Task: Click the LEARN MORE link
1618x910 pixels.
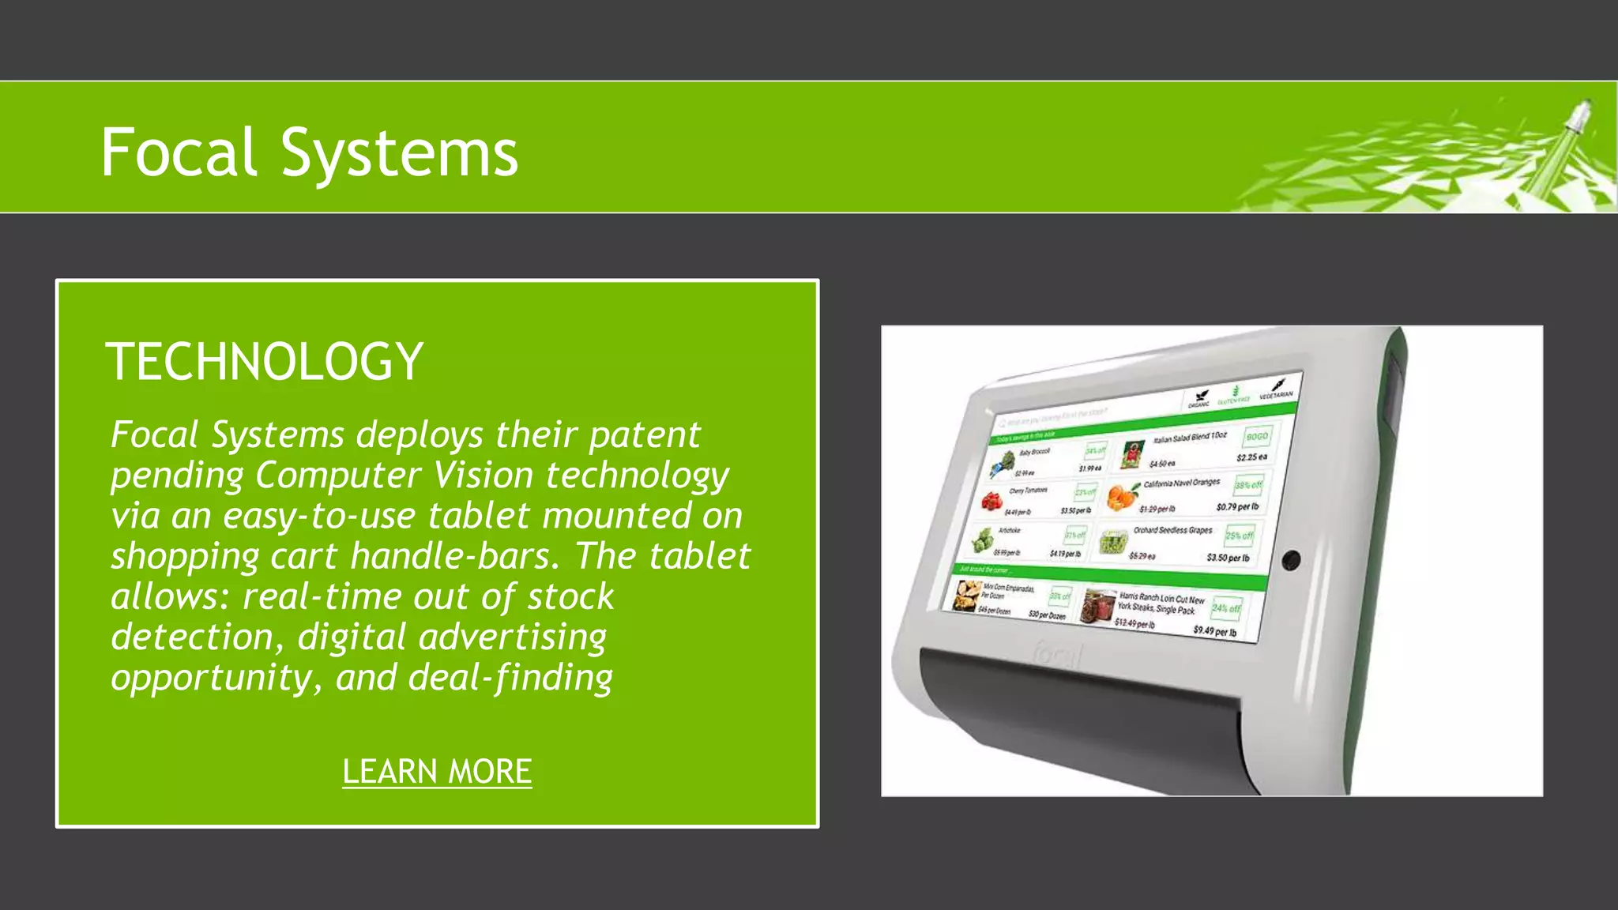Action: pyautogui.click(x=437, y=772)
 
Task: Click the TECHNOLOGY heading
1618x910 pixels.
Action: pyautogui.click(x=265, y=362)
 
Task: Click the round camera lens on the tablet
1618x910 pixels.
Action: pyautogui.click(x=1291, y=560)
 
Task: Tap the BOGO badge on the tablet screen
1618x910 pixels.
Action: pyautogui.click(x=1256, y=436)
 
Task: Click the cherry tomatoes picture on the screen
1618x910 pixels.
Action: pyautogui.click(x=991, y=501)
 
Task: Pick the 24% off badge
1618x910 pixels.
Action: pyautogui.click(x=1225, y=608)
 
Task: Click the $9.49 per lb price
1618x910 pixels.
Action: pyautogui.click(x=1215, y=631)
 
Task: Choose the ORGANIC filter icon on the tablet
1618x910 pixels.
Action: pyautogui.click(x=1200, y=399)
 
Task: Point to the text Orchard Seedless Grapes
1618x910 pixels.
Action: pyautogui.click(x=1172, y=530)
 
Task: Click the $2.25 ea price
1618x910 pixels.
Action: pyautogui.click(x=1251, y=457)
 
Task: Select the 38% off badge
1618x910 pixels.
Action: pyautogui.click(x=1248, y=485)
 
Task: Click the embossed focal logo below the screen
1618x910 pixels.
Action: pyautogui.click(x=1057, y=655)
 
